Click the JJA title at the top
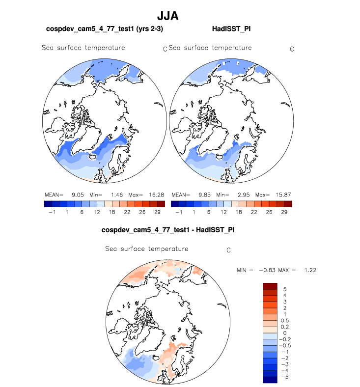coord(168,16)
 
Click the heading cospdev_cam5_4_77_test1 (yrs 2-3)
coord(104,29)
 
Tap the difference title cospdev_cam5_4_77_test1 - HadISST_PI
coord(167,229)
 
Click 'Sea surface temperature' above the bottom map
coord(147,249)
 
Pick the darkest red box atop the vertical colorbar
coord(271,286)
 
